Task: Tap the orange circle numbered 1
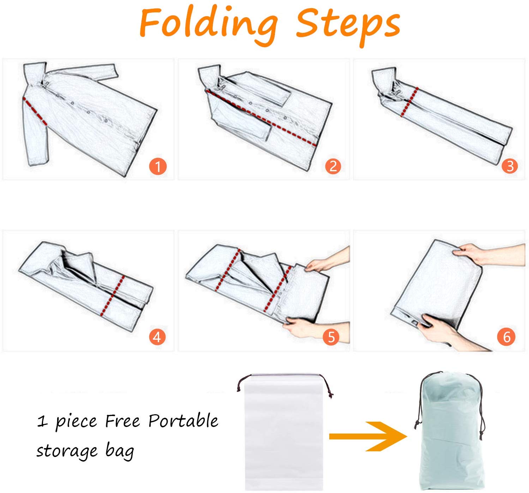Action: pos(158,167)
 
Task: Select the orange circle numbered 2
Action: pos(333,166)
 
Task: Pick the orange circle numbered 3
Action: pos(510,166)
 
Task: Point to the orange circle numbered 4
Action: pos(157,337)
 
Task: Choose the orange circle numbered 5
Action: pos(331,337)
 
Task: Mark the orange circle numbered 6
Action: pos(506,337)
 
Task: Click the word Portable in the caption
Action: pos(183,421)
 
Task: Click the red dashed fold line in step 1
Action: pos(35,111)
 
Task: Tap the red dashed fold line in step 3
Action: pos(409,102)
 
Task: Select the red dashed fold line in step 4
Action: pos(113,296)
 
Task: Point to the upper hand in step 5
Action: pos(327,260)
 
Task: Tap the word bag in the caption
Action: pos(120,451)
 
